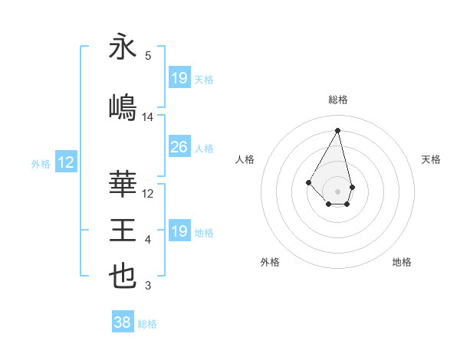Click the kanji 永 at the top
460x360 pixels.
(x=123, y=47)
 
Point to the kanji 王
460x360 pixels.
(x=123, y=230)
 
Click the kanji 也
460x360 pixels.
(x=123, y=276)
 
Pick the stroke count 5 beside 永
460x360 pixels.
(x=148, y=55)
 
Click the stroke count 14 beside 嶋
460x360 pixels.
(x=148, y=117)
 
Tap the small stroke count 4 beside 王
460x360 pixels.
(x=148, y=240)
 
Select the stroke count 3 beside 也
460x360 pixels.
(x=148, y=286)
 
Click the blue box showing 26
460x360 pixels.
(x=179, y=147)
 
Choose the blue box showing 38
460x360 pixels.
(x=122, y=322)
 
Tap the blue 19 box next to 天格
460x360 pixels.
(x=179, y=78)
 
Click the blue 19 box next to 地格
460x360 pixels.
(x=179, y=231)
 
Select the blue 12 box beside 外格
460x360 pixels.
(x=65, y=162)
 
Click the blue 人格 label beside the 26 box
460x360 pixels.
(x=203, y=148)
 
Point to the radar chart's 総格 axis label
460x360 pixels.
(x=337, y=100)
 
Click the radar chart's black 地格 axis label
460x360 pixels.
(x=402, y=262)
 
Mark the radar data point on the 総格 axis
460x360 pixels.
(x=337, y=130)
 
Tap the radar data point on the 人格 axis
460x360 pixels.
(x=308, y=182)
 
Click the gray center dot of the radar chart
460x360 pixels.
(x=337, y=191)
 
